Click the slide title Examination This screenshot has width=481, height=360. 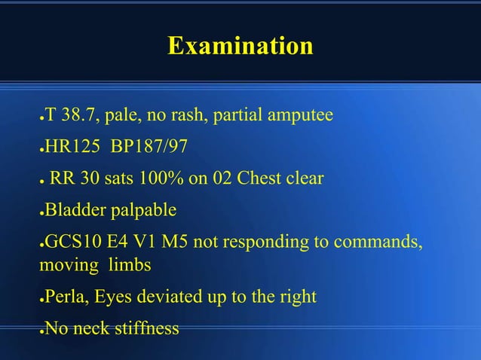[x=240, y=47]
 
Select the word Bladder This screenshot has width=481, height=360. [x=75, y=209]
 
